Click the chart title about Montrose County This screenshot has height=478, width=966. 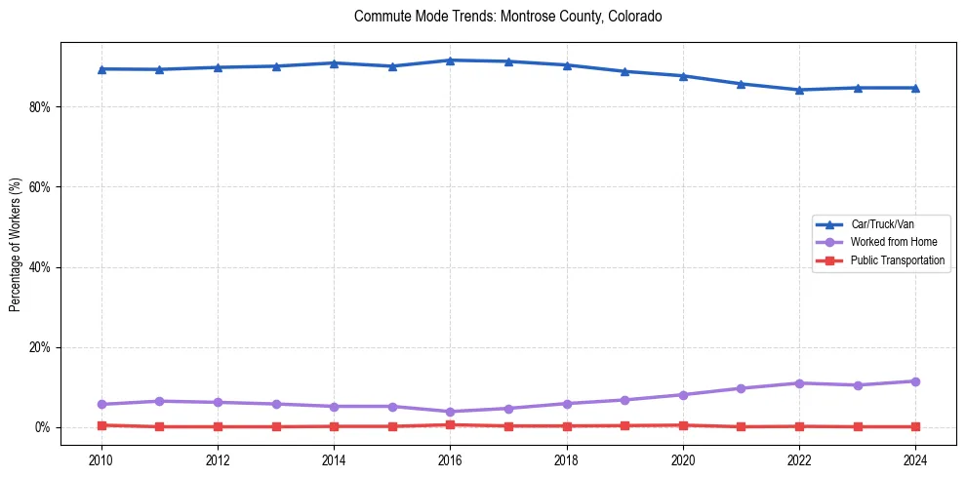tap(508, 17)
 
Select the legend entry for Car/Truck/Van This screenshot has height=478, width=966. tap(882, 224)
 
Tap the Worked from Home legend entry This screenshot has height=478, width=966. tap(893, 242)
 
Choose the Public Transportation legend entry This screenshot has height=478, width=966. tap(898, 260)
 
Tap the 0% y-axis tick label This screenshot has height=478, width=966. tap(42, 427)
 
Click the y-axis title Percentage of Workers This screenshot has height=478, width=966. tap(16, 244)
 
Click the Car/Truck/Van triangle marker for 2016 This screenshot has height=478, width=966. tap(450, 60)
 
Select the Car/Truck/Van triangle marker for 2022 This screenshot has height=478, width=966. tap(799, 90)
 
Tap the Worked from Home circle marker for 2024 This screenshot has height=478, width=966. tap(915, 381)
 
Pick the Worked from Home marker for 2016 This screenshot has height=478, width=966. tap(450, 412)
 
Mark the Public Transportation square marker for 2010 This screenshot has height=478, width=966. tap(101, 425)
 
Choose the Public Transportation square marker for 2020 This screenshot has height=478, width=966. tap(683, 425)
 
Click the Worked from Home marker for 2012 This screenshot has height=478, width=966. tap(218, 402)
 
